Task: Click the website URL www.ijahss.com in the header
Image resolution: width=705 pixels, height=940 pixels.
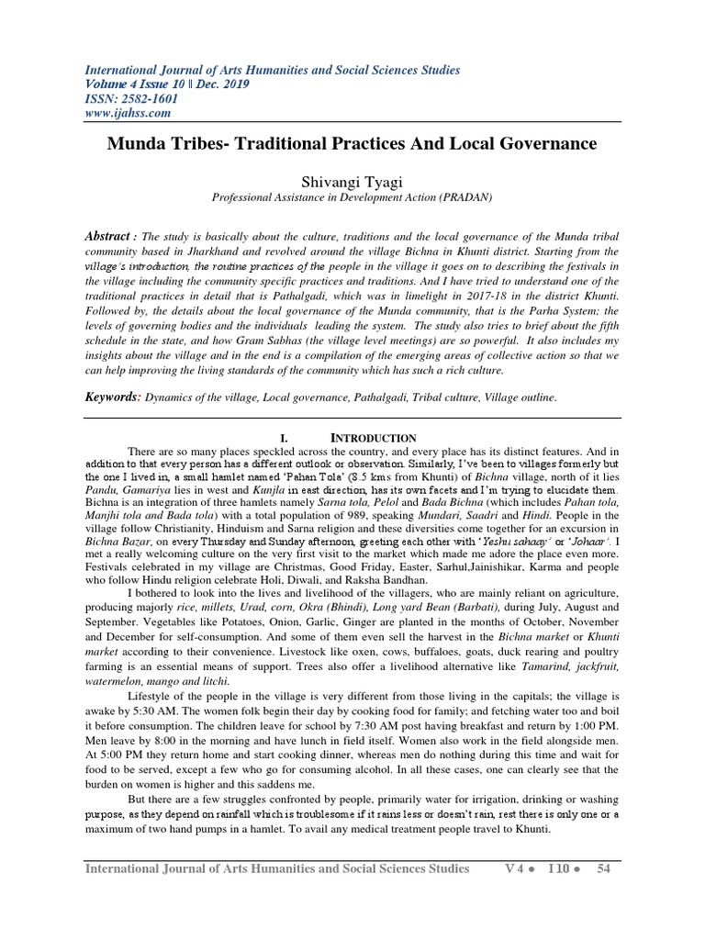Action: click(129, 113)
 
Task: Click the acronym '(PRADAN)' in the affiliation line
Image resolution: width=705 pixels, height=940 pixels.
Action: click(466, 196)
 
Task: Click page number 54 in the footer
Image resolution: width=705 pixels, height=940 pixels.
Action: click(603, 868)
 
